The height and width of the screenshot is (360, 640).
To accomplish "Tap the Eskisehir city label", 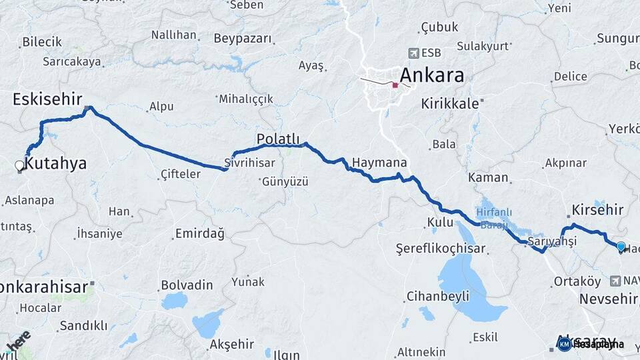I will tap(47, 99).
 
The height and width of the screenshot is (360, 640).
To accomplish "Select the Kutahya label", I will tap(56, 163).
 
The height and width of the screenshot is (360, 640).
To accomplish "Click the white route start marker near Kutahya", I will tap(20, 165).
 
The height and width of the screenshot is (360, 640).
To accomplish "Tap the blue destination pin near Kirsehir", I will tap(621, 247).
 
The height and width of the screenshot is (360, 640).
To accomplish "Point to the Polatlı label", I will tap(277, 138).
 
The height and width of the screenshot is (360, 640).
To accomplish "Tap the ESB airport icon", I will tap(413, 53).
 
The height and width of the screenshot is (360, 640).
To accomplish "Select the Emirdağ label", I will tap(199, 233).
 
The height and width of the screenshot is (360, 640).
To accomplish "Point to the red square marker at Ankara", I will tap(395, 85).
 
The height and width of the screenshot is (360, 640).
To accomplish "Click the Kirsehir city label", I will tap(597, 209).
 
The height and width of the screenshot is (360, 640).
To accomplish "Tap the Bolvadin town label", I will tap(187, 285).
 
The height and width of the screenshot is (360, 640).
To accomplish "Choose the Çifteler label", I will tap(180, 174).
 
